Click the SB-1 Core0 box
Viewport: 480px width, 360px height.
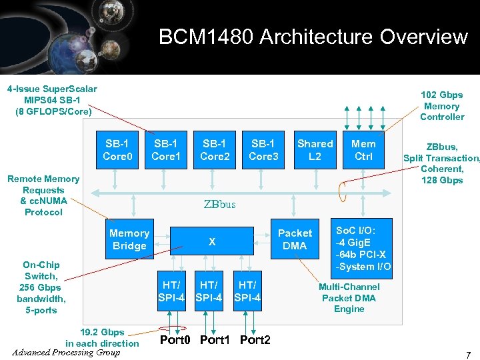tap(118, 150)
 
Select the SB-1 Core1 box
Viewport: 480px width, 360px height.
tap(166, 150)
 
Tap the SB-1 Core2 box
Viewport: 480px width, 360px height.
tap(215, 150)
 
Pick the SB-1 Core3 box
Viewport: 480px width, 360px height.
tap(263, 150)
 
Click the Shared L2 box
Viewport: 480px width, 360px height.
tap(315, 150)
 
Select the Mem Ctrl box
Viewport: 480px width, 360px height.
tap(363, 150)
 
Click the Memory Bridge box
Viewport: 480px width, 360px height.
tap(129, 239)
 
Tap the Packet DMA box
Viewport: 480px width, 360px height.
tap(294, 239)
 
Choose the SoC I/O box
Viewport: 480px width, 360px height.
tap(364, 247)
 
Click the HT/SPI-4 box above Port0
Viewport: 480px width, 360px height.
tap(171, 291)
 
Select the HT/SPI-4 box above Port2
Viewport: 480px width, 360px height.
tap(247, 291)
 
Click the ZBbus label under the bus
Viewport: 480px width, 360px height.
tap(219, 204)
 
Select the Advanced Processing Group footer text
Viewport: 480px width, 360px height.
tap(66, 352)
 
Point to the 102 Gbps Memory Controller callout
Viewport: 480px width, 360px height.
tap(441, 106)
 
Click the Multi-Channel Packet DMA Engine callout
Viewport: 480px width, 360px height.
tap(349, 298)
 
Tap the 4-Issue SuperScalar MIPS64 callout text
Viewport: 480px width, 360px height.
tap(52, 100)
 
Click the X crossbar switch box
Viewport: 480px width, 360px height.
tap(212, 242)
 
